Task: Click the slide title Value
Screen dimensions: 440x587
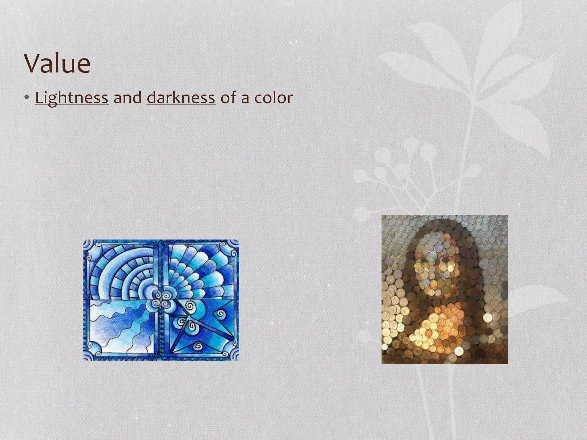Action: [57, 64]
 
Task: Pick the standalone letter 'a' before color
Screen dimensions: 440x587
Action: [245, 98]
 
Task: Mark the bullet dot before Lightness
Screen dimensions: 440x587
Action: [27, 98]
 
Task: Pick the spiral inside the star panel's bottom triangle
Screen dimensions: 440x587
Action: [198, 346]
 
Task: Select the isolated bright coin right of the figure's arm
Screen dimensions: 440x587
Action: [488, 317]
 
